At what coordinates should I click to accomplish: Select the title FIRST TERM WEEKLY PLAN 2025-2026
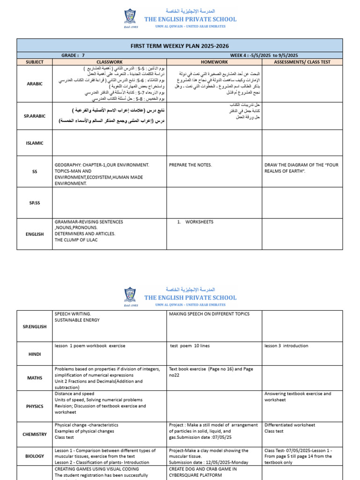[186, 45]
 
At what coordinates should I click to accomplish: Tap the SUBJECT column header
[35, 61]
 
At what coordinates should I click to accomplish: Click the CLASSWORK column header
[109, 61]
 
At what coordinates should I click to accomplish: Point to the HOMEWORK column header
[214, 61]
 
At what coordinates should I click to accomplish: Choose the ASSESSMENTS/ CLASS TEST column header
[308, 61]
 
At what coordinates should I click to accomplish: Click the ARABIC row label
[35, 84]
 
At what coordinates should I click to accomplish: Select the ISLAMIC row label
[35, 143]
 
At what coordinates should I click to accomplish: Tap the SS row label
[35, 172]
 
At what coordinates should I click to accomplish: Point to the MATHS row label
[35, 378]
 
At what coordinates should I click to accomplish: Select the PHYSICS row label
[35, 406]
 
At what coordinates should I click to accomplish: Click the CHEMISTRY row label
[35, 434]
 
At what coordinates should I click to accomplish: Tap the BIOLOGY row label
[35, 456]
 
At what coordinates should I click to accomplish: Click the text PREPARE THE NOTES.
[191, 165]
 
